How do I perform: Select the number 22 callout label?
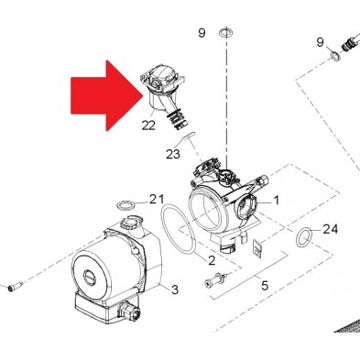pos(148,125)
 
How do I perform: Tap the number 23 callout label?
pos(173,154)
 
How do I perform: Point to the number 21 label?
pos(157,200)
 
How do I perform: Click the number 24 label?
pos(331,229)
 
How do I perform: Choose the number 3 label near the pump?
pos(175,289)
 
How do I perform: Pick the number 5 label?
pos(265,286)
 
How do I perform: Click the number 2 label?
pos(212,260)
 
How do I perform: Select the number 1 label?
pos(276,201)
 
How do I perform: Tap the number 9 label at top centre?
pos(202,33)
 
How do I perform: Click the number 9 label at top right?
pos(320,42)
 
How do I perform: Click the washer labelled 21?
pos(125,205)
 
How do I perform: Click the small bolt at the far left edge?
pos(14,287)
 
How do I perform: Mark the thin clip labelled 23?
pos(188,136)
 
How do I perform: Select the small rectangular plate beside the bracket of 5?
pos(257,248)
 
